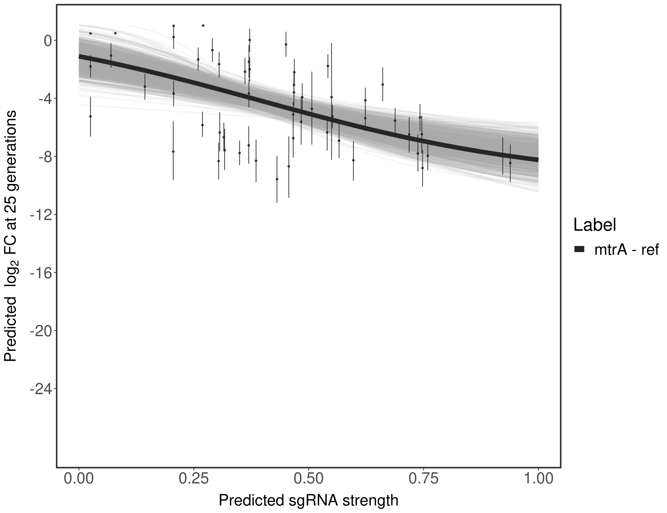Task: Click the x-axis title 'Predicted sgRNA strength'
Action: coord(309,501)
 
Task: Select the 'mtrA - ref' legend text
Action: coord(626,250)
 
